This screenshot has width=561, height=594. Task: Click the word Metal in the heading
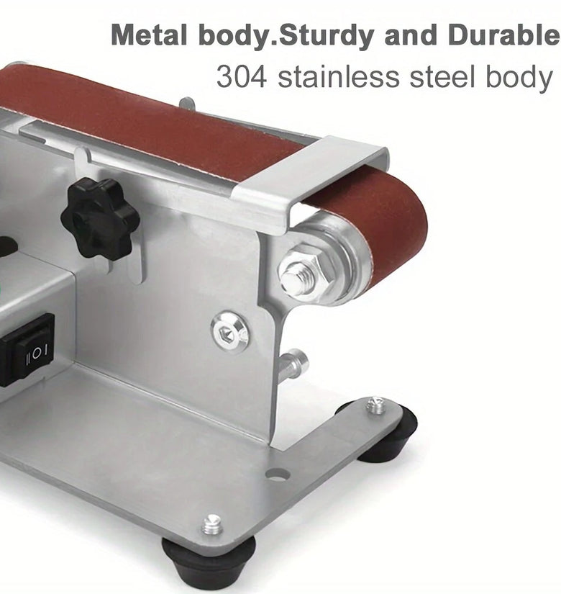pyautogui.click(x=149, y=35)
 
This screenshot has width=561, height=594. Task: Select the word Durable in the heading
pyautogui.click(x=503, y=35)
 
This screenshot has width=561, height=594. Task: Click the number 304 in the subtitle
pyautogui.click(x=241, y=76)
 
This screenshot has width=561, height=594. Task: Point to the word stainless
pyautogui.click(x=339, y=76)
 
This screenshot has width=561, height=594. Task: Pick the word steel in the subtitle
pyautogui.click(x=442, y=76)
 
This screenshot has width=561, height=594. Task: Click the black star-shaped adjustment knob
pyautogui.click(x=100, y=219)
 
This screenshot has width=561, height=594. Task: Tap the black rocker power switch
pyautogui.click(x=27, y=351)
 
